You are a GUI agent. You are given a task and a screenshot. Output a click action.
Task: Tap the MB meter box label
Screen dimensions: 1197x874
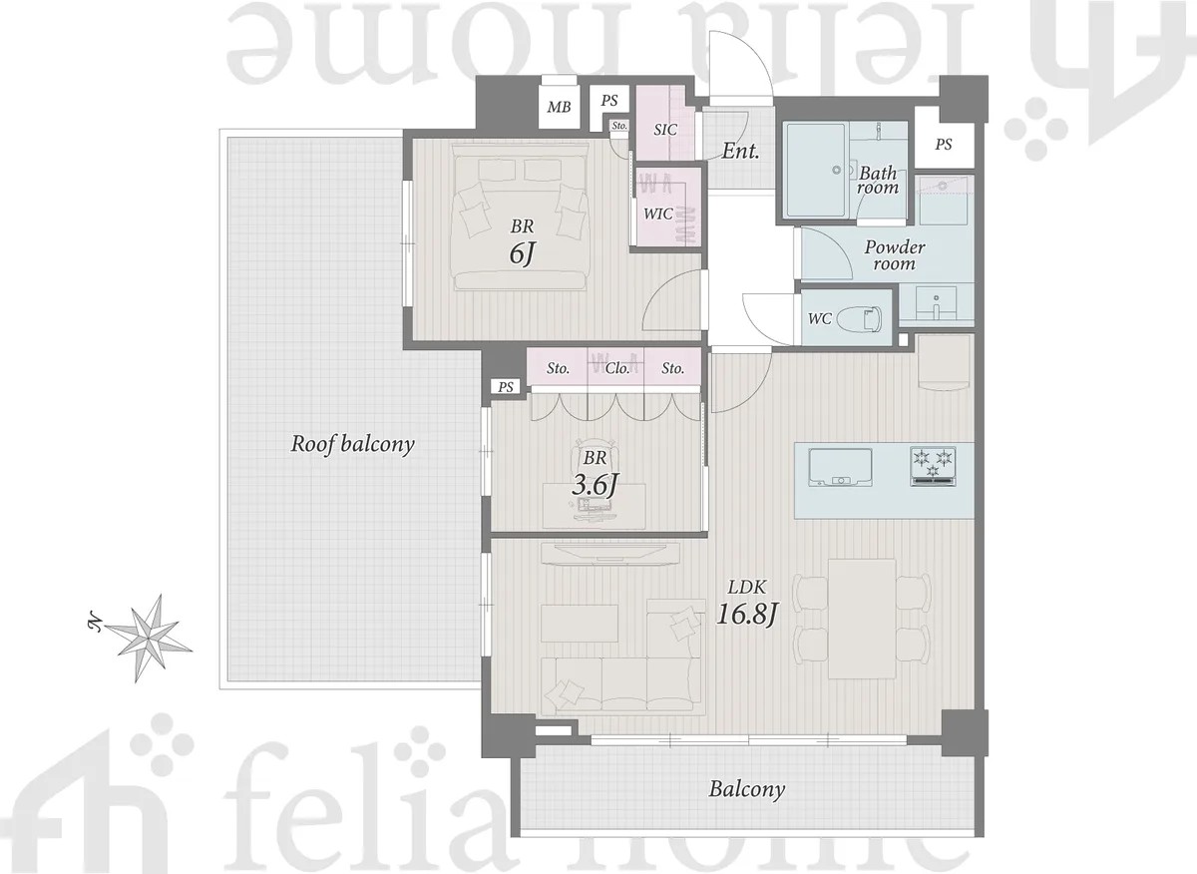[x=559, y=107]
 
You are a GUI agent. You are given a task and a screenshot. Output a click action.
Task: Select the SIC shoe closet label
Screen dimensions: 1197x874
[x=665, y=130]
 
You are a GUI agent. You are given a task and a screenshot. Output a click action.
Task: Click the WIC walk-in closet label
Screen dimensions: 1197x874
[x=657, y=214]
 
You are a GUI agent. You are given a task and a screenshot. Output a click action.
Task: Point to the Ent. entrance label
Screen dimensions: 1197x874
[x=740, y=151]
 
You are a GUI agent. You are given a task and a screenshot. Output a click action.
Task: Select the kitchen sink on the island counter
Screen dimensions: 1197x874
[x=841, y=467]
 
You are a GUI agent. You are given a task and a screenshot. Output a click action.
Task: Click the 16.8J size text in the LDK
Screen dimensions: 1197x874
[x=746, y=615]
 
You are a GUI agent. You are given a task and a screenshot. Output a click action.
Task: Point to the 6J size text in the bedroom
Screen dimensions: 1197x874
[x=522, y=253]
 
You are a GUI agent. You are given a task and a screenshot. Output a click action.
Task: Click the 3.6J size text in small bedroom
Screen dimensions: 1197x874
[x=595, y=485]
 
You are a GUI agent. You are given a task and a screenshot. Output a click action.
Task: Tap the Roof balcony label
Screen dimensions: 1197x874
[x=353, y=444]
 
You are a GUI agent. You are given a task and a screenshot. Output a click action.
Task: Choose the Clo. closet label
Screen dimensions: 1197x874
[x=617, y=368]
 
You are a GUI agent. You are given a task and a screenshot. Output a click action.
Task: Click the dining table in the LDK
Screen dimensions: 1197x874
[x=862, y=619]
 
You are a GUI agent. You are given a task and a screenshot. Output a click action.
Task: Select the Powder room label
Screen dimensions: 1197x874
[x=895, y=255]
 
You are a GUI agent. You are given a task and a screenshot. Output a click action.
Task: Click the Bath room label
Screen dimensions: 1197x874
[x=878, y=181]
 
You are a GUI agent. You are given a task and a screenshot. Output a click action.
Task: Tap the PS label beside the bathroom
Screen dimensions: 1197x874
[x=944, y=145]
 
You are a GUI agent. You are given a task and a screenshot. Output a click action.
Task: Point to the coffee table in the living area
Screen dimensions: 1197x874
[x=580, y=624]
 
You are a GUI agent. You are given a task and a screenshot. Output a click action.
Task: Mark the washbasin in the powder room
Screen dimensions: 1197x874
[x=936, y=303]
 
